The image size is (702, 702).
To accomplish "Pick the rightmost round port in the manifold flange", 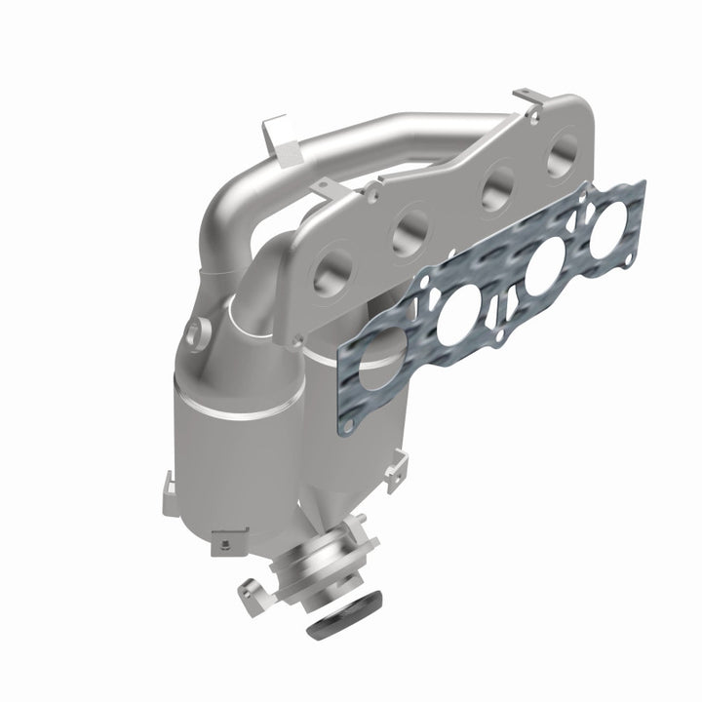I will coord(563,157).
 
